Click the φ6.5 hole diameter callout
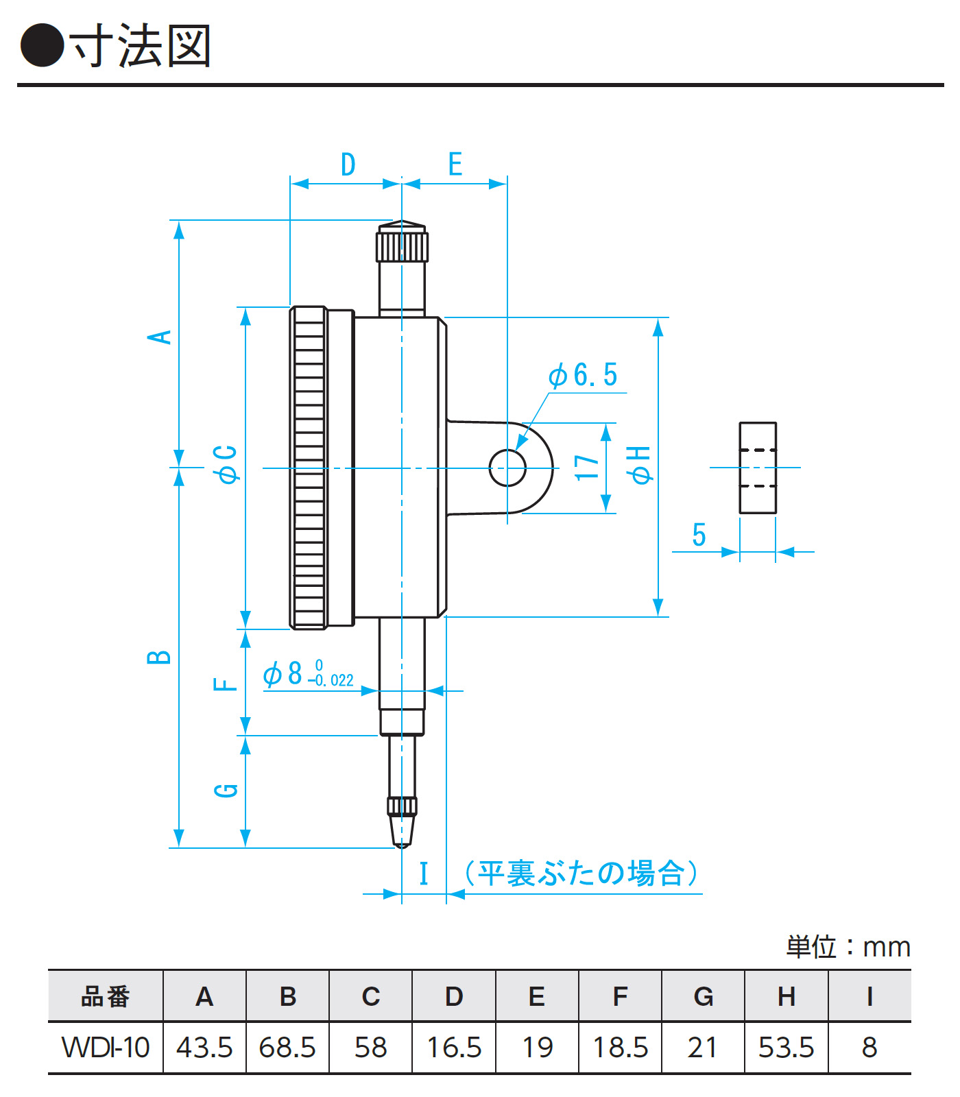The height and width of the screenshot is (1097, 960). pos(583,376)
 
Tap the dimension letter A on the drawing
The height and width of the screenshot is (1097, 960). pos(160,337)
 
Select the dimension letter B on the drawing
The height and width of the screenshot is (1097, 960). pos(159,657)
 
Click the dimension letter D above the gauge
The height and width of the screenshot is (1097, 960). pos(348,165)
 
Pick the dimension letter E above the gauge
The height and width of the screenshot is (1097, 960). pos(455,165)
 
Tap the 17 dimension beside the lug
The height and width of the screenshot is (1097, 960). pos(587,468)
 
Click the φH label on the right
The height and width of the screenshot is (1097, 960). pos(640,465)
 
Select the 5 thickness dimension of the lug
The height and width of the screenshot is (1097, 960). pos(699,535)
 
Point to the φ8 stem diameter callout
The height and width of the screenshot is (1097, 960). pos(309,674)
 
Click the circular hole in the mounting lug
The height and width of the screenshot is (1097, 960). pos(507,468)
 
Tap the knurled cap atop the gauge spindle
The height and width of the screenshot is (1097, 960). pos(402,243)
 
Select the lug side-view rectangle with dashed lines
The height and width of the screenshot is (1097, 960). pos(758,468)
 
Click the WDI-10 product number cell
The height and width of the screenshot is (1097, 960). pos(106,1048)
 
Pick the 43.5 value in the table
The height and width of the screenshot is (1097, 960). pos(204,1048)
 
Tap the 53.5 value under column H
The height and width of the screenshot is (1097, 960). pos(786,1048)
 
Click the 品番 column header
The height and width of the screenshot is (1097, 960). pos(106,996)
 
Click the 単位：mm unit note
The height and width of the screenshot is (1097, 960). pos(848,947)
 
